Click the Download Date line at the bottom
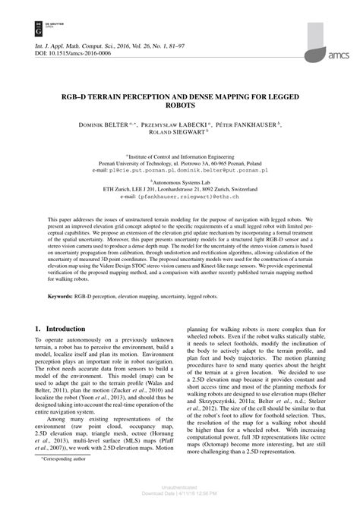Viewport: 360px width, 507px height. pyautogui.click(x=179, y=501)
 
